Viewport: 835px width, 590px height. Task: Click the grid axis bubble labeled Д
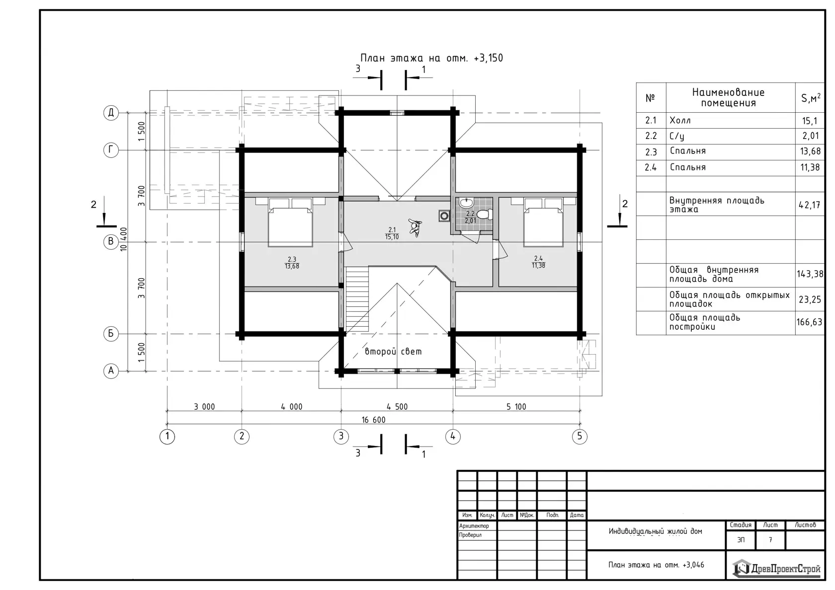tap(111, 112)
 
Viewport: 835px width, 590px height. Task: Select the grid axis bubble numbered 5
tap(580, 436)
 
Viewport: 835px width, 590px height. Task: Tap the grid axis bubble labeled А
tap(111, 371)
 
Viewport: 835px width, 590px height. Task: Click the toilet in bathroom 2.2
tap(485, 215)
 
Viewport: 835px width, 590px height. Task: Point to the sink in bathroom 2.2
tap(466, 203)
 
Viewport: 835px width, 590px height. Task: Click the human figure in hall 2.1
tap(415, 227)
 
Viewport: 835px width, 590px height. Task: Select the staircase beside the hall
tap(357, 299)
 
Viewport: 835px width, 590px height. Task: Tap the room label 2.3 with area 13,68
tap(292, 263)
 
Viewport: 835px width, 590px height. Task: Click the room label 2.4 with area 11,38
tap(538, 262)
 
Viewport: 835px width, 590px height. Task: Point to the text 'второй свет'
tap(393, 351)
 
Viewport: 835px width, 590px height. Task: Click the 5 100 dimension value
tap(516, 407)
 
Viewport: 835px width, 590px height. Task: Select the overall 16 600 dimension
tap(374, 420)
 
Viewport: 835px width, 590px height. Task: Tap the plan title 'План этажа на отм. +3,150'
tap(431, 58)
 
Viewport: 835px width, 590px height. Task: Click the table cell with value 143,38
tap(810, 275)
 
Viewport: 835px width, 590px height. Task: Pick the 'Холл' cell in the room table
tap(680, 120)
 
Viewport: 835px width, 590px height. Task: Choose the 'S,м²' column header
tap(810, 97)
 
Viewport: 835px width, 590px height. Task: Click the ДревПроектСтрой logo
tap(776, 568)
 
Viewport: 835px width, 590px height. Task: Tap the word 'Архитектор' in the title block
tap(474, 526)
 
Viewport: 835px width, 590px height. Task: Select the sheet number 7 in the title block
tap(770, 540)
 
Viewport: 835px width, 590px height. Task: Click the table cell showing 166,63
tap(810, 322)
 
